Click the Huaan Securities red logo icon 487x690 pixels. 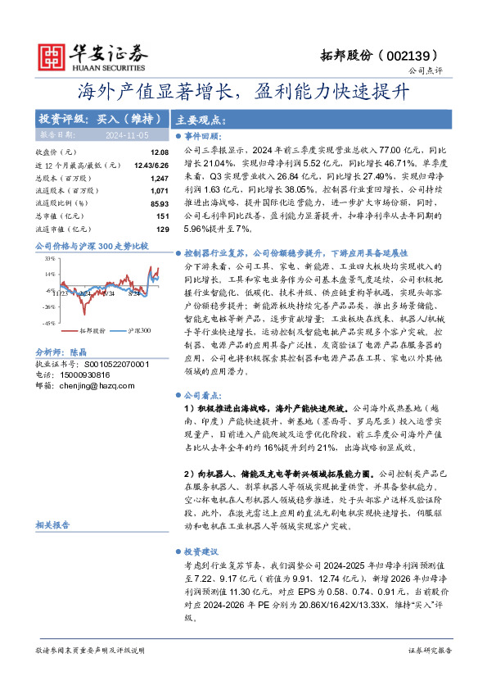(x=53, y=54)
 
